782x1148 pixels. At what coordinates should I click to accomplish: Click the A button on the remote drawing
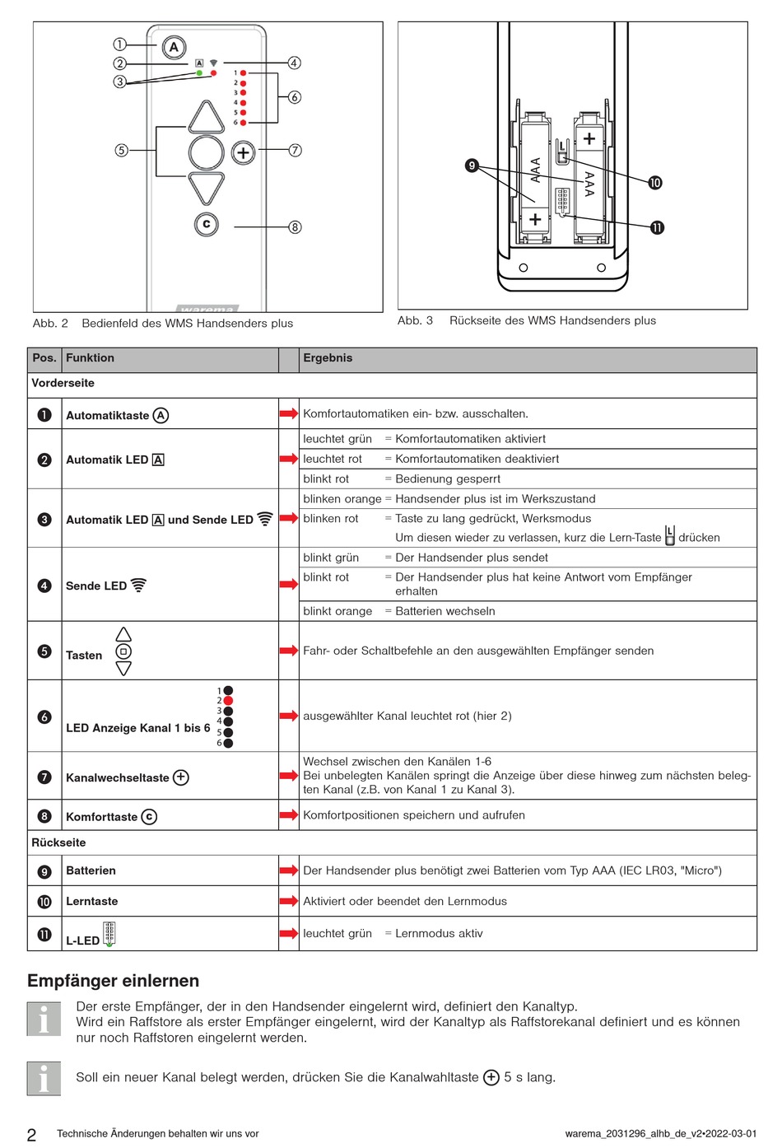pos(174,47)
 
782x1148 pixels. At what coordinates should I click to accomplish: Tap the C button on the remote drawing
pos(207,223)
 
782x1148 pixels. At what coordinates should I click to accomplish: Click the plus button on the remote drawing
pos(243,152)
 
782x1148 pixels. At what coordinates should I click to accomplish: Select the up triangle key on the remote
pos(207,118)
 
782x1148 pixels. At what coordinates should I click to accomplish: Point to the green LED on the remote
pos(199,73)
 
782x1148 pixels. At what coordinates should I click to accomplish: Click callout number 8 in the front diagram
pos(295,226)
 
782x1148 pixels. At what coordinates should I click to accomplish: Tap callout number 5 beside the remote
pos(122,150)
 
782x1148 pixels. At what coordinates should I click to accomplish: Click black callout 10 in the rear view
pos(654,183)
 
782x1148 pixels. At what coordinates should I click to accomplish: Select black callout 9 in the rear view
pos(472,166)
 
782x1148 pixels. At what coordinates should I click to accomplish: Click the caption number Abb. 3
pos(415,320)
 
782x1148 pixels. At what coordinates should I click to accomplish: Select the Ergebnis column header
pos(328,358)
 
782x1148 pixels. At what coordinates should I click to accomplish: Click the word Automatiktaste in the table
pos(107,416)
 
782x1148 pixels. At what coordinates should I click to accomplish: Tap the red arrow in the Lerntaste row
pos(288,901)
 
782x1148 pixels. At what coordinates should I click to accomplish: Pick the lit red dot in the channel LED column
pos(228,701)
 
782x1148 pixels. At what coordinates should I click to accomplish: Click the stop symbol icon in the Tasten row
pos(123,651)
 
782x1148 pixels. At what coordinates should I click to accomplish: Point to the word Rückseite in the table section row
pos(58,842)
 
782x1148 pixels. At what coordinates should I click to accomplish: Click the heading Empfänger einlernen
pos(113,981)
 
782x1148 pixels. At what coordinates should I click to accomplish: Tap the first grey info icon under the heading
pos(44,1019)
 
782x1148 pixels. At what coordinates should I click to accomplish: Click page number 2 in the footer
pos(31,1135)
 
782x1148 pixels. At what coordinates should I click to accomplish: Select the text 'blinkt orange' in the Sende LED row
pos(337,611)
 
